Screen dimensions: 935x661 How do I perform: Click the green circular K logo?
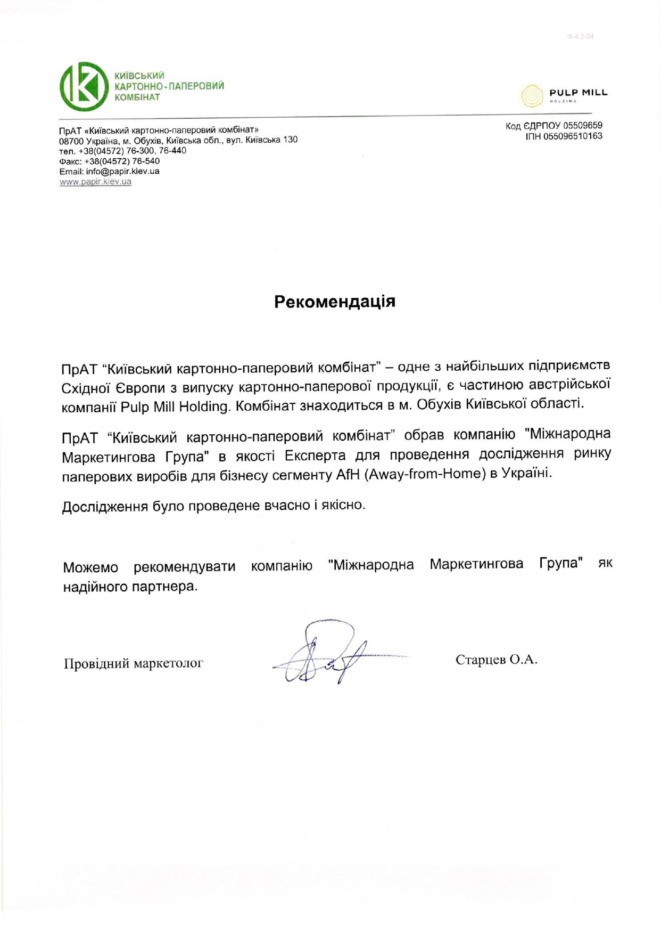pos(84,86)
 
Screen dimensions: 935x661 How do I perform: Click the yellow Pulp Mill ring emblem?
pos(531,96)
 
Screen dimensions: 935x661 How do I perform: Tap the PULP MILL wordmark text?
pos(578,93)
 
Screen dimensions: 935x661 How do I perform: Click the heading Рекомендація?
pos(335,302)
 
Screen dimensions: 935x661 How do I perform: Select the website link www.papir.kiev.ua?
pos(95,182)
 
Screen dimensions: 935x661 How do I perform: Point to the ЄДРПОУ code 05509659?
pos(582,126)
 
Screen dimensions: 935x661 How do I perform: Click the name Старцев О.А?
pos(496,660)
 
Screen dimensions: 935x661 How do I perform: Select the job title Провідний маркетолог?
pos(134,663)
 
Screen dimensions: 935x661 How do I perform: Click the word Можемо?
pos(90,567)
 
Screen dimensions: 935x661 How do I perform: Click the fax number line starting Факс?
pos(109,161)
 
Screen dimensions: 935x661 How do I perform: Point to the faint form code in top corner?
pos(580,37)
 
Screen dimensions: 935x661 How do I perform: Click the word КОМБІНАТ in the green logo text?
pos(137,97)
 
